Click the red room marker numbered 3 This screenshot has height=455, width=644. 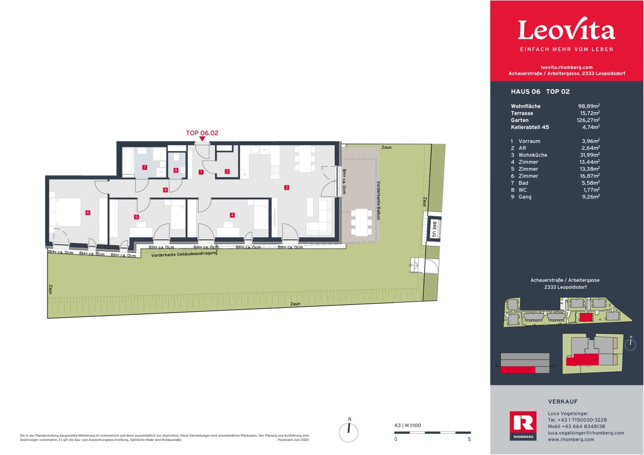(x=286, y=188)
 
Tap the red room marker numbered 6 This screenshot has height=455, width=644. (x=88, y=213)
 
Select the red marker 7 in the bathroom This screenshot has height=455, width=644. (x=145, y=167)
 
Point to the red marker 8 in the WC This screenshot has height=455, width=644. (x=176, y=170)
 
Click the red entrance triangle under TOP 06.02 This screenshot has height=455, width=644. (x=202, y=139)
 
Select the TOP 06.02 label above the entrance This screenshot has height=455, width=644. (x=202, y=133)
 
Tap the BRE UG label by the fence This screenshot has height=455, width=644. (x=434, y=229)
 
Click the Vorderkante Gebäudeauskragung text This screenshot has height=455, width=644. (x=184, y=254)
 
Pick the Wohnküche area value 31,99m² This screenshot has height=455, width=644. (x=590, y=155)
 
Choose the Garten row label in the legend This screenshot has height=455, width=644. (x=520, y=120)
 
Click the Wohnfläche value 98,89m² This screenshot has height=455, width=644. (x=589, y=106)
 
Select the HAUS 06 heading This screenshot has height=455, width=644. (x=525, y=92)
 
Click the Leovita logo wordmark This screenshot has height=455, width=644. (x=567, y=30)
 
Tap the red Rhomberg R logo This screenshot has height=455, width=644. (x=523, y=424)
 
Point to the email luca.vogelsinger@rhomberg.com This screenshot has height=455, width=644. (x=586, y=433)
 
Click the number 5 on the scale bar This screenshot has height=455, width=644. (x=469, y=439)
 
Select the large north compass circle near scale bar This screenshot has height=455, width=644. (x=348, y=432)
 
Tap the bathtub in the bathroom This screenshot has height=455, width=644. (x=128, y=161)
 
